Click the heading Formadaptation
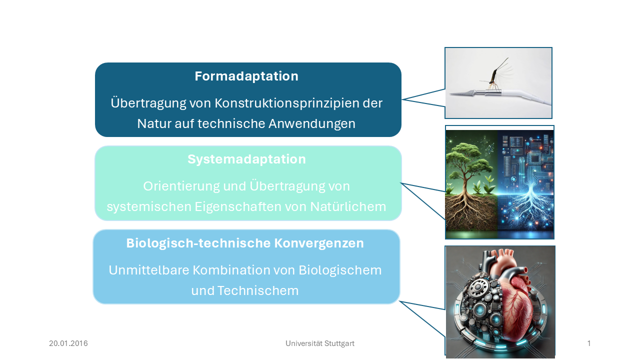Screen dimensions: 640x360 pyautogui.click(x=246, y=76)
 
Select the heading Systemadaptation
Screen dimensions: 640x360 pyautogui.click(x=246, y=159)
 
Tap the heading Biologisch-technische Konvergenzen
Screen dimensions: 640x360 pyautogui.click(x=245, y=243)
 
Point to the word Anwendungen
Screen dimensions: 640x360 pyautogui.click(x=312, y=124)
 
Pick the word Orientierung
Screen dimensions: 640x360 pyautogui.click(x=181, y=186)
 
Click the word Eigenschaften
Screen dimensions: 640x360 pyautogui.click(x=237, y=207)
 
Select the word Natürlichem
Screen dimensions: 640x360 pyautogui.click(x=348, y=207)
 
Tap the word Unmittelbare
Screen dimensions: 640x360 pyautogui.click(x=149, y=270)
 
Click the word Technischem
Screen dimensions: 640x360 pyautogui.click(x=258, y=291)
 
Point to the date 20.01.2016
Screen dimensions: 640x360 pyautogui.click(x=68, y=343)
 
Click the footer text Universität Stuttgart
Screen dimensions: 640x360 pyautogui.click(x=320, y=343)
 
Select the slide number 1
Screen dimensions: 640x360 pyautogui.click(x=589, y=343)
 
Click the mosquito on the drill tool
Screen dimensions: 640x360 pyautogui.click(x=495, y=75)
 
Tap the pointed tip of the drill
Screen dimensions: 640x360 pyautogui.click(x=451, y=94)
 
